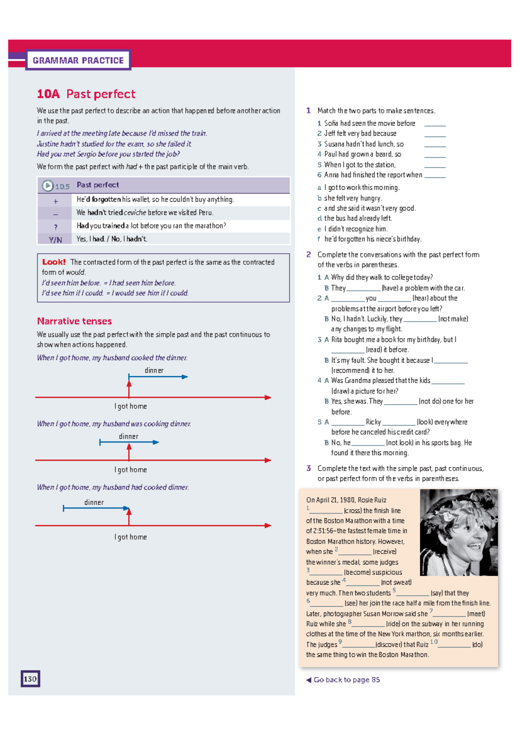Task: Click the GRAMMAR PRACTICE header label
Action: click(78, 60)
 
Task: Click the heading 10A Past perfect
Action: click(86, 94)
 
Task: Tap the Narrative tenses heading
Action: click(75, 321)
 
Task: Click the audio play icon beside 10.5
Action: click(47, 186)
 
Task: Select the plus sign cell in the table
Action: click(55, 201)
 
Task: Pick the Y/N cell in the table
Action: click(55, 240)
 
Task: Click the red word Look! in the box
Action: click(54, 262)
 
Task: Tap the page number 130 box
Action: click(30, 679)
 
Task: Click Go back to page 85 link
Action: click(346, 680)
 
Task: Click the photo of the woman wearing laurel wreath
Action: click(458, 532)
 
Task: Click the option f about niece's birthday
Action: click(372, 239)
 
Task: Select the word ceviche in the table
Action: click(135, 213)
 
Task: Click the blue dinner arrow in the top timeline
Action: click(158, 377)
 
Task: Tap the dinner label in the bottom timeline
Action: click(94, 502)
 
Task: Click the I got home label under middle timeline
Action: click(130, 470)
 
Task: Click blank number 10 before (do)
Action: click(454, 645)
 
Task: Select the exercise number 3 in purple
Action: click(309, 468)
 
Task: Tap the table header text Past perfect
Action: click(97, 185)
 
